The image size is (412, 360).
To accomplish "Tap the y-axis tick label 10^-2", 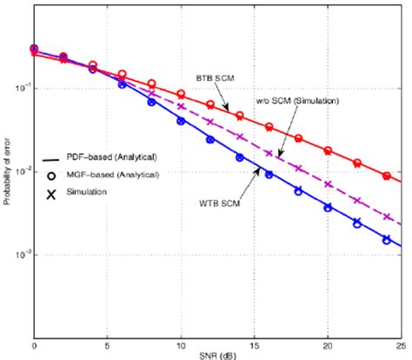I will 22,172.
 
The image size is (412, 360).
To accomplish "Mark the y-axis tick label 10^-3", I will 22,256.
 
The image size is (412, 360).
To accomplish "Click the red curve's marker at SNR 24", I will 387,176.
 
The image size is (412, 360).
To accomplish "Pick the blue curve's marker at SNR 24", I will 387,240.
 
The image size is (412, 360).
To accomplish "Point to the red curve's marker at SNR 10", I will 181,94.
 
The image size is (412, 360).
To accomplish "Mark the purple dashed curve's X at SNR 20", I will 328,183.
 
